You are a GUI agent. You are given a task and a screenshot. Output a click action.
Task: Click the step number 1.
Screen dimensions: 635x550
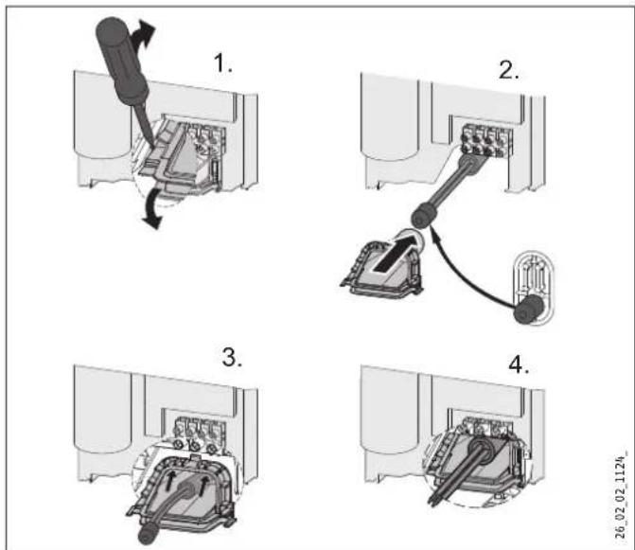coord(222,63)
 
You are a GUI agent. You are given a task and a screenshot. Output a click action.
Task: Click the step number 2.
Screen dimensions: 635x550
coord(509,70)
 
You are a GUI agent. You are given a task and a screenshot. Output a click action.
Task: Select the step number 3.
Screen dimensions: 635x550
coord(233,358)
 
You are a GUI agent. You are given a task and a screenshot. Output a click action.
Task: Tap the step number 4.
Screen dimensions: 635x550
coord(519,364)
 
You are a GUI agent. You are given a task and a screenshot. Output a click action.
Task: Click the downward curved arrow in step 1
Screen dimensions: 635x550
coord(151,209)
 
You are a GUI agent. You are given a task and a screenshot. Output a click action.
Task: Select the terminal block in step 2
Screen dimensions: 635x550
coord(487,140)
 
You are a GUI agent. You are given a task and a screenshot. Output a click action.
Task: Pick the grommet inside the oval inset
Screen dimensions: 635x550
coord(527,309)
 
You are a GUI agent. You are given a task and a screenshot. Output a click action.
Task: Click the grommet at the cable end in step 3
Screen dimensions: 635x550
coord(146,534)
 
